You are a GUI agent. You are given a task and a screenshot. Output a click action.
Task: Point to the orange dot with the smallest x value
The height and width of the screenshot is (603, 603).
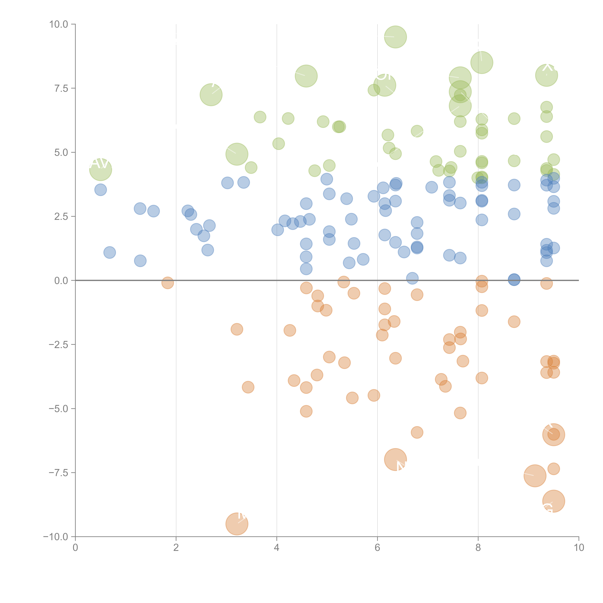tap(168, 283)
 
